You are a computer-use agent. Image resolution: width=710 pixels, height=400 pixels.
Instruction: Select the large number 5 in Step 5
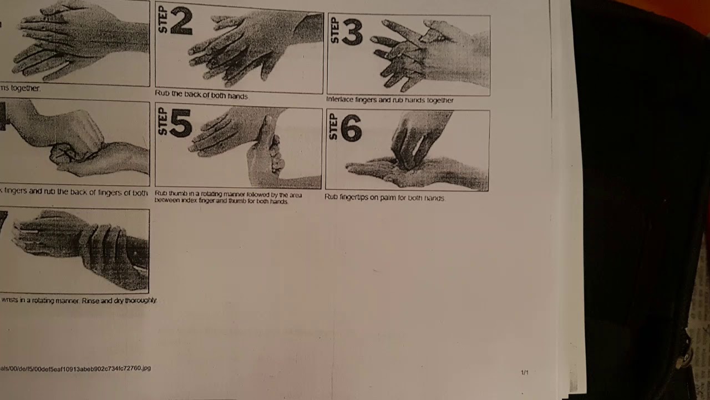[x=180, y=123]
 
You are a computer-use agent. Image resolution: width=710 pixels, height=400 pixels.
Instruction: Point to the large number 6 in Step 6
[x=351, y=128]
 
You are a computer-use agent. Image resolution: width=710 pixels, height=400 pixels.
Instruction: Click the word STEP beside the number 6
[x=333, y=126]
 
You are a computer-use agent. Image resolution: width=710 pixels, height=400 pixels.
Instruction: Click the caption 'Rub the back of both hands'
[x=201, y=95]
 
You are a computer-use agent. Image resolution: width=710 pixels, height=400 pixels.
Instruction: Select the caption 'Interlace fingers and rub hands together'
[x=389, y=100]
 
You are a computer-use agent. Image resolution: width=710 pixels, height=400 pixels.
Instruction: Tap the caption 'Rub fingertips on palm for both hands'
[x=384, y=197]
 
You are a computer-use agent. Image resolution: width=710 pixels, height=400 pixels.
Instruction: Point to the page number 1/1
[x=524, y=372]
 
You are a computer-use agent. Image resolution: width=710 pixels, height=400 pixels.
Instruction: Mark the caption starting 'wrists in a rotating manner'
[x=79, y=300]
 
